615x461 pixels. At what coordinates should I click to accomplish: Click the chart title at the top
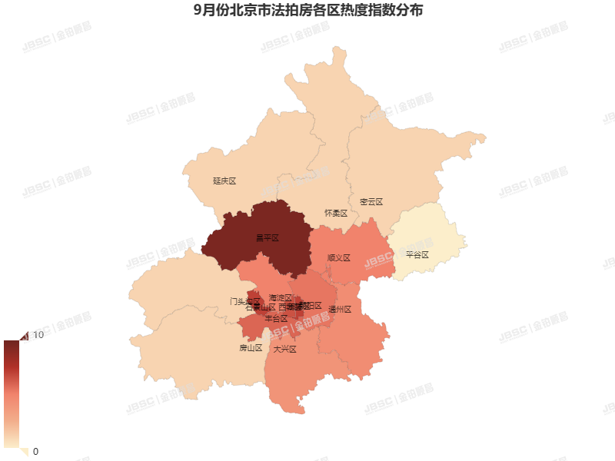(x=307, y=12)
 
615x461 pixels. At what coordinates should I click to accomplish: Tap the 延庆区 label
(x=224, y=181)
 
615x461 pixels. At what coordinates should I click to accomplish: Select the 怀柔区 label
(x=336, y=213)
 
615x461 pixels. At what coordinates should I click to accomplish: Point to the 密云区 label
(x=371, y=202)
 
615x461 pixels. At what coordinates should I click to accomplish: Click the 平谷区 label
(x=417, y=254)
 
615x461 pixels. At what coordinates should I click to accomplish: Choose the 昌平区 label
(x=267, y=238)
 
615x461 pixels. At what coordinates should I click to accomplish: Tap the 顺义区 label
(x=338, y=258)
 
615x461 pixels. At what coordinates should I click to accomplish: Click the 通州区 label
(x=339, y=310)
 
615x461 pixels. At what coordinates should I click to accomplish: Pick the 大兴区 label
(x=284, y=349)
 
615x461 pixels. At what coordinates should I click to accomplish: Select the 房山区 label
(x=251, y=348)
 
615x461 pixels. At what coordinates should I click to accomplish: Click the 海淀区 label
(x=281, y=297)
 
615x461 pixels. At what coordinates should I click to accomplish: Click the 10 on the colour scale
(x=37, y=335)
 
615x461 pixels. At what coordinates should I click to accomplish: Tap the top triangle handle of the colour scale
(x=23, y=335)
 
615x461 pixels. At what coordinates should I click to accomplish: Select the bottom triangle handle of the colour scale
(x=23, y=452)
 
